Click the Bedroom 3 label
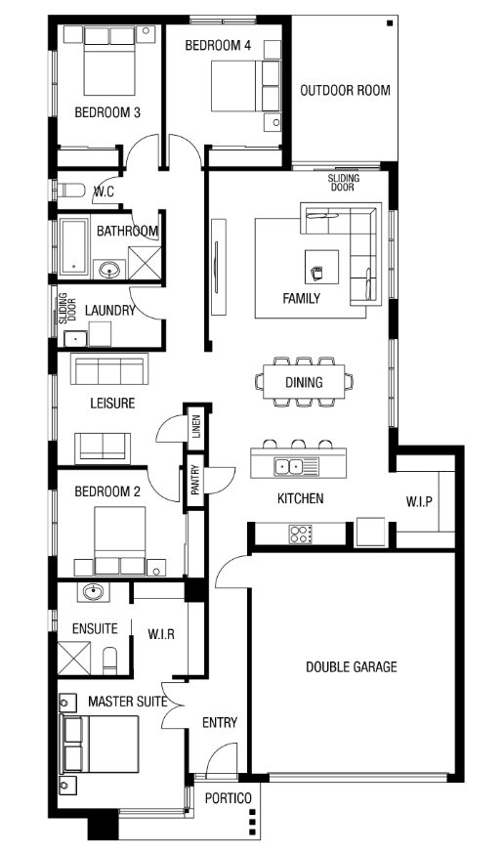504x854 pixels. tap(107, 112)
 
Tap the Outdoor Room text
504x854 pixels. tap(345, 91)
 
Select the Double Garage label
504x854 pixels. tap(351, 666)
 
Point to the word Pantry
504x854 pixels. tap(195, 480)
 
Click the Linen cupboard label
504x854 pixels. tap(196, 427)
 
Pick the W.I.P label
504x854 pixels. tap(419, 501)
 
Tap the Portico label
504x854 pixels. tap(228, 798)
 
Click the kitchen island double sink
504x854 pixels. tap(289, 467)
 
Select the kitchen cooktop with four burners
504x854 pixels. tap(301, 534)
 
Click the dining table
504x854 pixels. tap(304, 382)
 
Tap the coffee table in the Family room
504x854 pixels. tap(321, 267)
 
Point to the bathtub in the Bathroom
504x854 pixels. tap(73, 248)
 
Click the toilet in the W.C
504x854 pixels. tap(71, 192)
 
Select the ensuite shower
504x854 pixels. tap(74, 659)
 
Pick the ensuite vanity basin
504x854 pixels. tap(93, 592)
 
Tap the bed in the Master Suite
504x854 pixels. tap(101, 744)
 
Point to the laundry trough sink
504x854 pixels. tap(75, 339)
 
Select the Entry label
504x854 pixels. tap(220, 723)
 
